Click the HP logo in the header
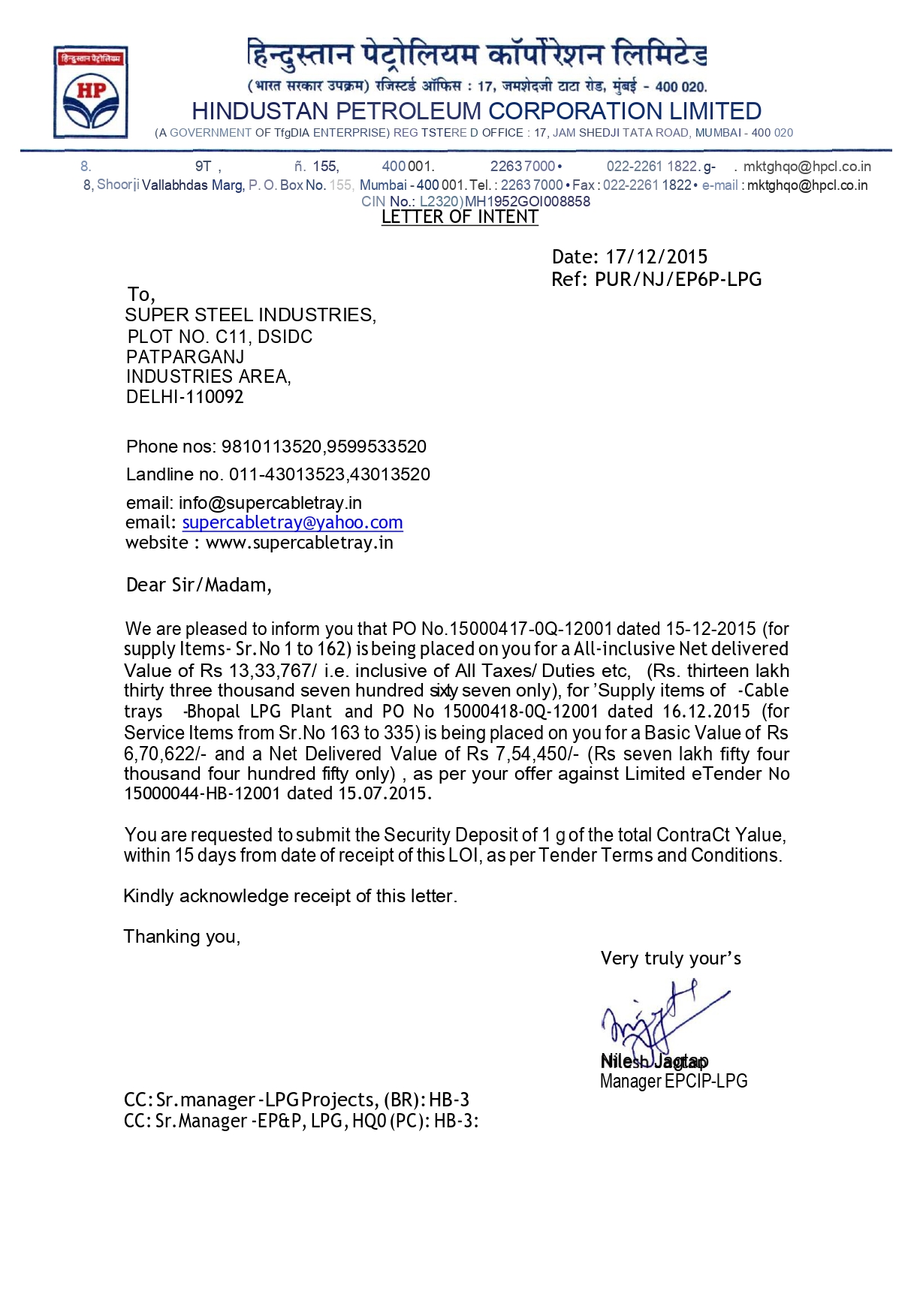pyautogui.click(x=91, y=92)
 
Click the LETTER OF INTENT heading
pyautogui.click(x=460, y=217)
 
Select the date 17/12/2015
pyautogui.click(x=656, y=257)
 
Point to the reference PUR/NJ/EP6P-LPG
pyautogui.click(x=678, y=279)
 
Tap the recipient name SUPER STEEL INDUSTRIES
pyautogui.click(x=249, y=314)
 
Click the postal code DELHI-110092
pyautogui.click(x=185, y=397)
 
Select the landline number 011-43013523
pyautogui.click(x=287, y=474)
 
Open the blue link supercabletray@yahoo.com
pyautogui.click(x=292, y=522)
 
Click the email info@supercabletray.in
pyautogui.click(x=270, y=502)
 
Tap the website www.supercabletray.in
pyautogui.click(x=299, y=543)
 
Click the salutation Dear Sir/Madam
pyautogui.click(x=198, y=585)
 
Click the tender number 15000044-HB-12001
pyautogui.click(x=202, y=793)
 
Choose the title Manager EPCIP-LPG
pyautogui.click(x=674, y=1081)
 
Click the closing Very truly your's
pyautogui.click(x=671, y=958)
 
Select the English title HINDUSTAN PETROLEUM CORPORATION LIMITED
pyautogui.click(x=476, y=111)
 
